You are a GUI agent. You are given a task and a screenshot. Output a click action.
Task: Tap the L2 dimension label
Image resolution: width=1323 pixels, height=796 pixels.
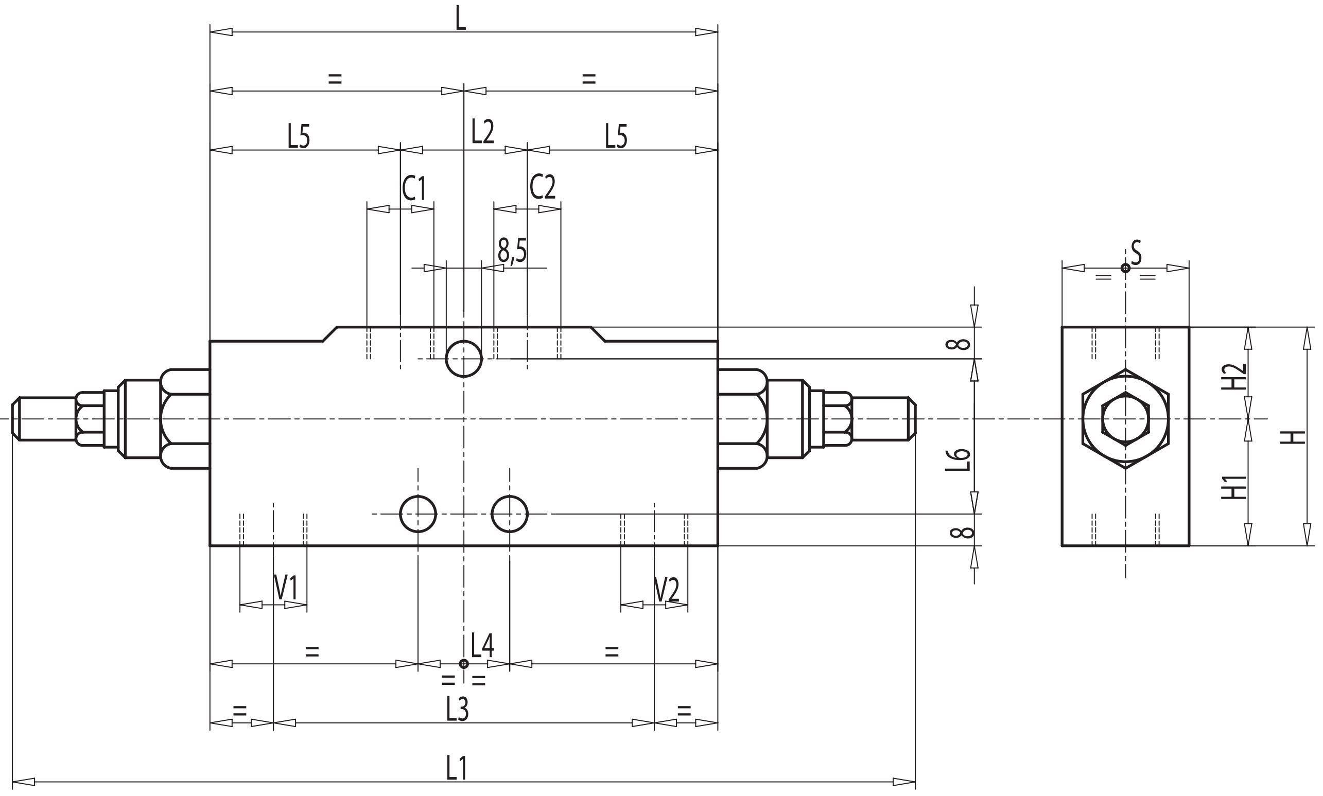pos(482,131)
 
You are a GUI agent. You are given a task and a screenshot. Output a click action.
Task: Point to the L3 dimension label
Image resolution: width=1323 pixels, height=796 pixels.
pos(458,709)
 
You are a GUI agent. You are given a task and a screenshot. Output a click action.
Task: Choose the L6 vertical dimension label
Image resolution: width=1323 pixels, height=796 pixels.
pos(958,459)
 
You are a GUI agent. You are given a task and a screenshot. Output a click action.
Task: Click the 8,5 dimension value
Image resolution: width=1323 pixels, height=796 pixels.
pos(512,251)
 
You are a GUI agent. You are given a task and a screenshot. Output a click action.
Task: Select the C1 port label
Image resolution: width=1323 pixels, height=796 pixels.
pos(414,188)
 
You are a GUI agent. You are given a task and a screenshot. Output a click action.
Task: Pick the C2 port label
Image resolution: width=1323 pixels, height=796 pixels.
pos(543,187)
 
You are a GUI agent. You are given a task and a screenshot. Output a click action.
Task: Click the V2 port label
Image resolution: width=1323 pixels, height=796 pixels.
pos(667,591)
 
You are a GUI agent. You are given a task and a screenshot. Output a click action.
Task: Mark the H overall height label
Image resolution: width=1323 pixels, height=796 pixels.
pos(1294,437)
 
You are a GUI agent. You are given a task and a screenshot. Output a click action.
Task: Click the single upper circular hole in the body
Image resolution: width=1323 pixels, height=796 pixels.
pos(464,359)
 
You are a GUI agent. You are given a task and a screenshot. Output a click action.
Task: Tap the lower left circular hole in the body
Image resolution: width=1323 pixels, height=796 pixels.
pos(419,514)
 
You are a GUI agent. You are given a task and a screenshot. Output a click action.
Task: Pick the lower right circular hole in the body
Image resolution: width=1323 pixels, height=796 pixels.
pos(510,514)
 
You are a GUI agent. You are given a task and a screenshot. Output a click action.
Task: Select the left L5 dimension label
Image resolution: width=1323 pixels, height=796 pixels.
pos(299,137)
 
